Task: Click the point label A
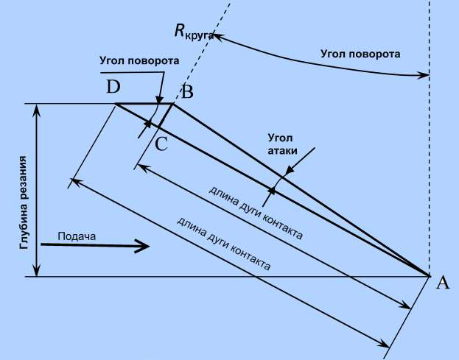[x=442, y=282]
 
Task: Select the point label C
[x=161, y=144]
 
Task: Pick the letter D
[x=113, y=88]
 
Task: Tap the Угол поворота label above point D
[x=139, y=60]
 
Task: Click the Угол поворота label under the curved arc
[x=361, y=54]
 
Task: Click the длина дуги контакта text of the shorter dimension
[x=255, y=213]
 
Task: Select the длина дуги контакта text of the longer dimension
[x=224, y=244]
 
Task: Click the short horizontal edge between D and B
[x=144, y=104]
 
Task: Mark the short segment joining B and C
[x=166, y=116]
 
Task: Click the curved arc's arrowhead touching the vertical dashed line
[x=423, y=74]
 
